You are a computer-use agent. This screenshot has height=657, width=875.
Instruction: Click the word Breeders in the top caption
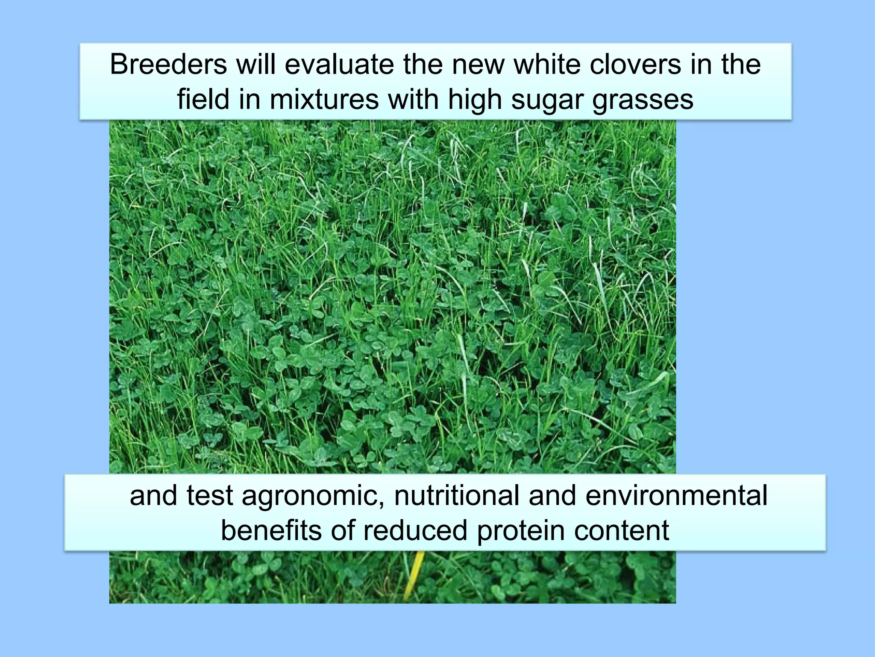click(168, 65)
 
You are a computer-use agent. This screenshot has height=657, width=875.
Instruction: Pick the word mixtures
click(324, 99)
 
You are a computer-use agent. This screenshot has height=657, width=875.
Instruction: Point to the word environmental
click(676, 496)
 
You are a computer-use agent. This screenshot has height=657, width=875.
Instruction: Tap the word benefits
click(272, 530)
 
